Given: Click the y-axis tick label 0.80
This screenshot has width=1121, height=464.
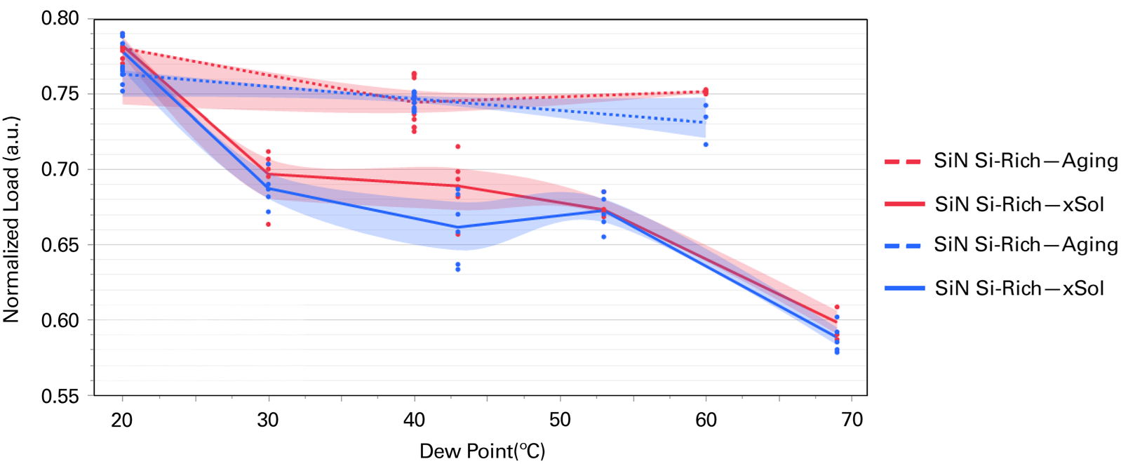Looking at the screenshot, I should pyautogui.click(x=60, y=18).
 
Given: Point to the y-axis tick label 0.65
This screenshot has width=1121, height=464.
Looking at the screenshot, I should pyautogui.click(x=60, y=245).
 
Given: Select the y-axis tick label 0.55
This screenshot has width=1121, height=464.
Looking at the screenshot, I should pyautogui.click(x=60, y=396).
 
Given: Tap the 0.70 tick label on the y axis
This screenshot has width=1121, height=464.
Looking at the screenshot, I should pyautogui.click(x=60, y=169).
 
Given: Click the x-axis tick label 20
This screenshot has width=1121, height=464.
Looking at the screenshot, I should pyautogui.click(x=122, y=420).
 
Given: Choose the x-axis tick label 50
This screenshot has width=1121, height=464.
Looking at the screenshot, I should pyautogui.click(x=560, y=420).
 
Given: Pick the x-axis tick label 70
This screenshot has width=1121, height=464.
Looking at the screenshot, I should pyautogui.click(x=852, y=420).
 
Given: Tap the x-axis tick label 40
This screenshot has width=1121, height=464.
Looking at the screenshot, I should pyautogui.click(x=414, y=420).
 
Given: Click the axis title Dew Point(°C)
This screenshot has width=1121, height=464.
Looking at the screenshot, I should pyautogui.click(x=482, y=451).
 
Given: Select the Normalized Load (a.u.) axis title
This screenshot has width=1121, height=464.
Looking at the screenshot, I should pyautogui.click(x=11, y=219).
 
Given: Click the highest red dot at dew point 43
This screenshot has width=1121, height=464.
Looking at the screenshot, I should pyautogui.click(x=458, y=147).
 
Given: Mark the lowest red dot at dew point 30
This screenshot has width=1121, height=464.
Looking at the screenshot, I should pyautogui.click(x=268, y=225).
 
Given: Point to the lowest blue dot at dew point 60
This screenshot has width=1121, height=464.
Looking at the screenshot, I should pyautogui.click(x=706, y=145).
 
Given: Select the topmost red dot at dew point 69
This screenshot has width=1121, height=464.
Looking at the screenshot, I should pyautogui.click(x=837, y=307).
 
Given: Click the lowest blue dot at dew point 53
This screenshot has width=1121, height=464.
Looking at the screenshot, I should pyautogui.click(x=603, y=237).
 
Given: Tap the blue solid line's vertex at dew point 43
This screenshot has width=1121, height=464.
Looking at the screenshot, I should pyautogui.click(x=458, y=227).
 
